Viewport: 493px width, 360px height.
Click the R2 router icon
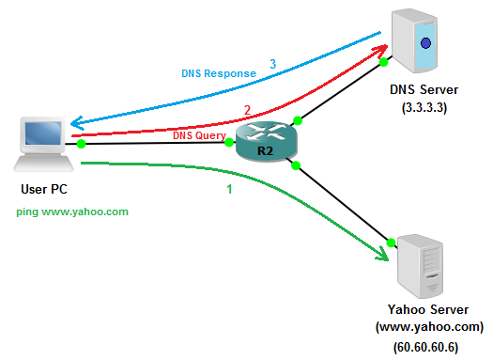(267, 142)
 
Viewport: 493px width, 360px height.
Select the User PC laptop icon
(43, 144)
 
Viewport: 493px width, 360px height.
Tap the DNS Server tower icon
(414, 41)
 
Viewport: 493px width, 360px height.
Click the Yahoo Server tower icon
(421, 266)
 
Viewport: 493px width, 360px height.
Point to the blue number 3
(273, 64)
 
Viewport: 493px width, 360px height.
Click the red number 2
(248, 110)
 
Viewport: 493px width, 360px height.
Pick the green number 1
(229, 189)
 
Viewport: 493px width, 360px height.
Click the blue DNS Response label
(219, 73)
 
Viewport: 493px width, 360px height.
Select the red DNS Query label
(199, 135)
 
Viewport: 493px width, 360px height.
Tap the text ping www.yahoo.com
(72, 211)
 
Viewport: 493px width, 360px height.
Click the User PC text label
(44, 189)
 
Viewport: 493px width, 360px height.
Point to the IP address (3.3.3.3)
(424, 107)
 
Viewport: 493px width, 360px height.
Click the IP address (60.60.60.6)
(425, 347)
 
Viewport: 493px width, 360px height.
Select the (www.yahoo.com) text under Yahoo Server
(429, 327)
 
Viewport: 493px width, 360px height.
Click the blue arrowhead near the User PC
(76, 123)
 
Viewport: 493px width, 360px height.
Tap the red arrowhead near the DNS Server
(380, 51)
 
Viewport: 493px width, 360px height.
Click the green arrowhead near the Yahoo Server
(382, 254)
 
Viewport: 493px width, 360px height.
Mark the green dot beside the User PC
(81, 144)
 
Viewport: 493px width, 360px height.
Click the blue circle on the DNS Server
(425, 43)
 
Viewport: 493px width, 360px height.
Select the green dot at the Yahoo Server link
(391, 243)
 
